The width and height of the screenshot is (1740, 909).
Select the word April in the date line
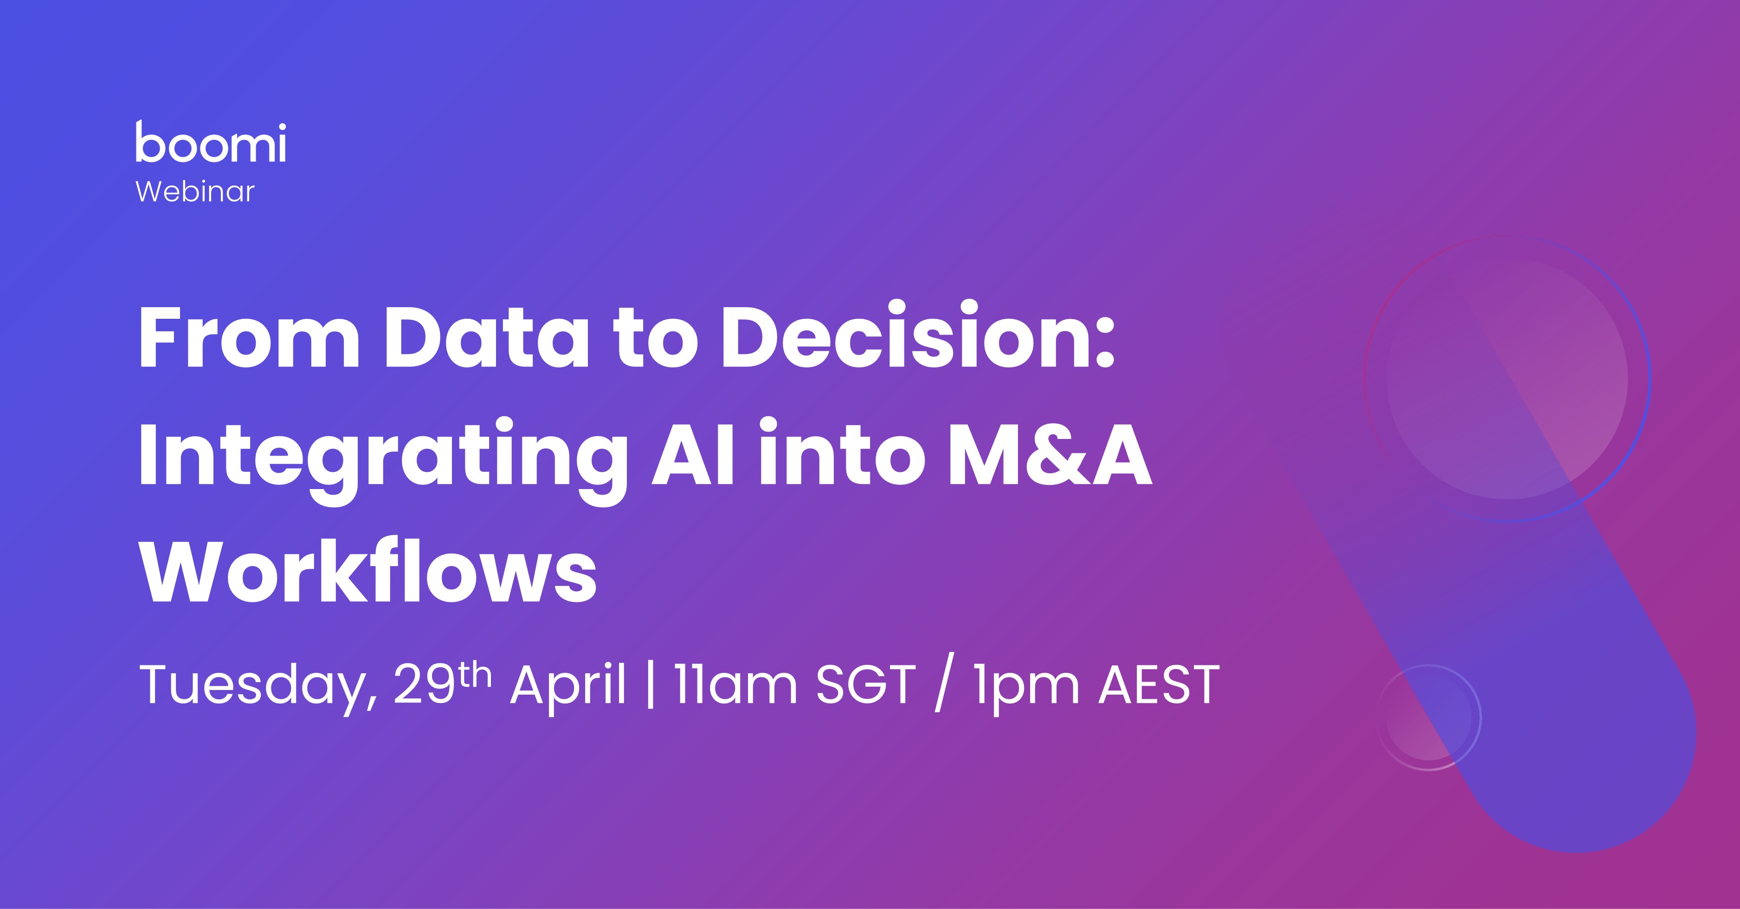[567, 685]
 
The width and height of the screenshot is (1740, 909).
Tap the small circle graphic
[1429, 717]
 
